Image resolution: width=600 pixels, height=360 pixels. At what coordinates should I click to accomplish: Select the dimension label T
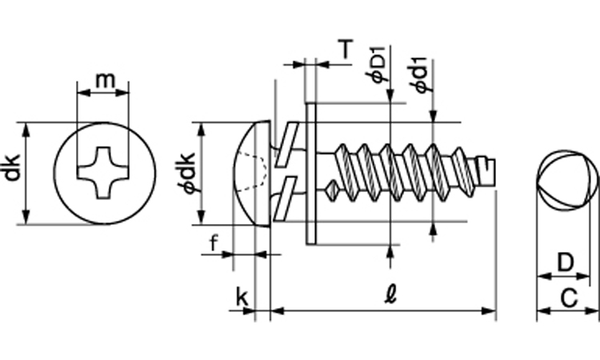click(344, 50)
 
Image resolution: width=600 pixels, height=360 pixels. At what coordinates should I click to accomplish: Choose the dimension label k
click(242, 298)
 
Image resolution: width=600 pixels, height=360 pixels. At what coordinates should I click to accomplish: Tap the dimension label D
click(565, 262)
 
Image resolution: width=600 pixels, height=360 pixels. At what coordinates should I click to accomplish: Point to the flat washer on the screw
click(311, 172)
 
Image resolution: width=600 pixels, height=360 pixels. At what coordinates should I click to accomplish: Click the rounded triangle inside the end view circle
click(565, 179)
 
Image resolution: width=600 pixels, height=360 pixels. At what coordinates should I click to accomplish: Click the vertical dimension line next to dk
click(26, 173)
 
